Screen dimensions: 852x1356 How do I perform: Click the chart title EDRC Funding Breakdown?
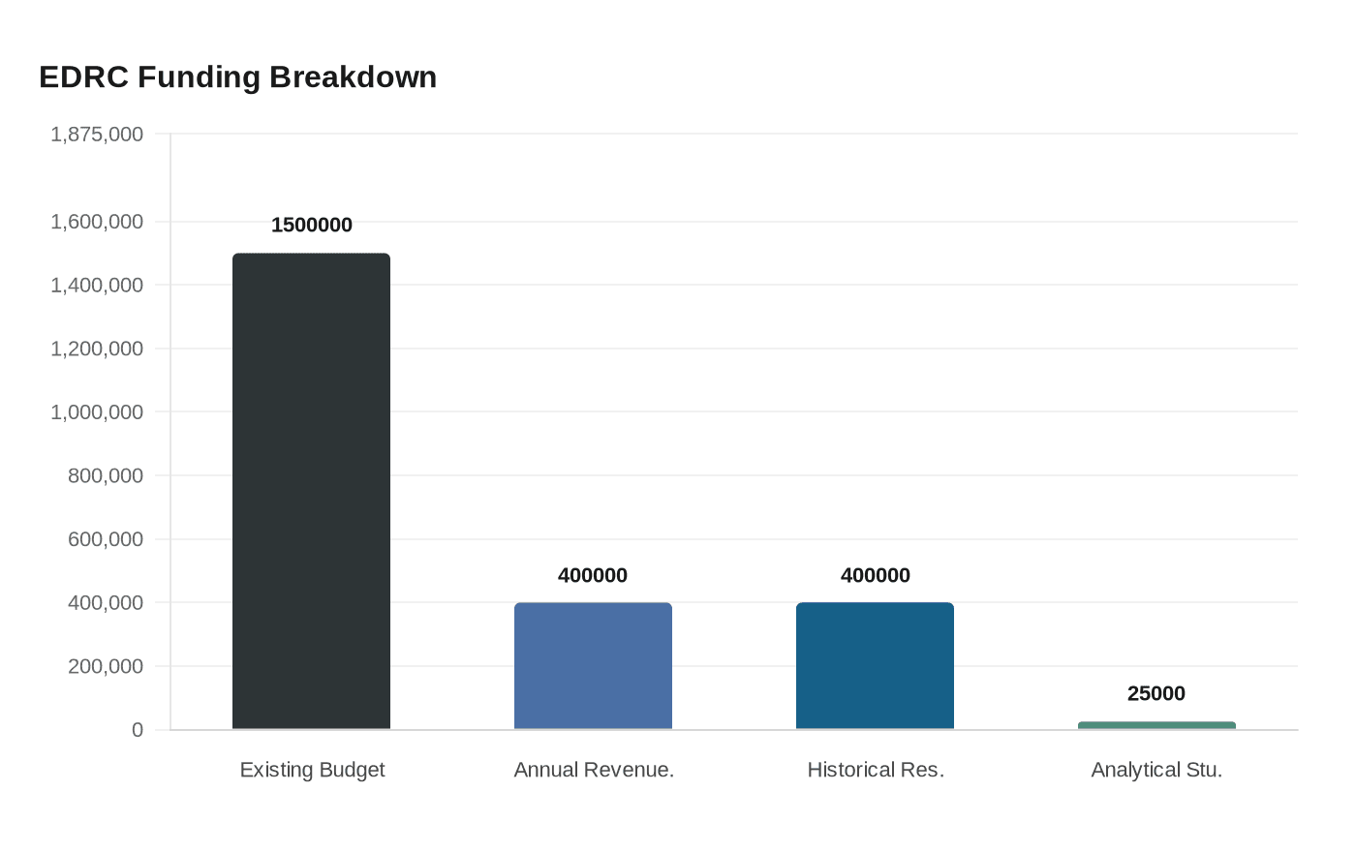click(x=237, y=76)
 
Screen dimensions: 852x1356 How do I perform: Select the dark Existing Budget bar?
click(x=311, y=491)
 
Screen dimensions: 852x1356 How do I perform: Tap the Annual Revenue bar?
click(x=593, y=665)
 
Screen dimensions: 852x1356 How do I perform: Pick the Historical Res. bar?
click(x=875, y=665)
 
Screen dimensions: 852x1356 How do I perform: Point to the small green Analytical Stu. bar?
click(x=1156, y=725)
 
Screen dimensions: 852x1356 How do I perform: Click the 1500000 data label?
click(x=311, y=225)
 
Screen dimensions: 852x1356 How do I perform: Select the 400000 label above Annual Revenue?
click(x=593, y=575)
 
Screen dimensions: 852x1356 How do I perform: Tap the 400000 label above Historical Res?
click(x=875, y=575)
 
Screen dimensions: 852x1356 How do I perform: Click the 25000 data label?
click(x=1156, y=693)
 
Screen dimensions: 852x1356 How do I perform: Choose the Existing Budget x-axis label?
click(x=312, y=770)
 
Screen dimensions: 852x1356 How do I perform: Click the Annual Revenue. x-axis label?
click(x=594, y=770)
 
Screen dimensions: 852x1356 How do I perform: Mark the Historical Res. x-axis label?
click(x=876, y=770)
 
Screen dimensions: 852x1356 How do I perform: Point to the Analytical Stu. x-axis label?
click(x=1156, y=770)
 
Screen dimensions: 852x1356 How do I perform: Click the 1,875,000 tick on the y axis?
click(x=97, y=134)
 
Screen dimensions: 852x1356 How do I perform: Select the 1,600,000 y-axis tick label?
click(x=97, y=222)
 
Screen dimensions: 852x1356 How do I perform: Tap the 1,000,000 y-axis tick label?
click(x=97, y=412)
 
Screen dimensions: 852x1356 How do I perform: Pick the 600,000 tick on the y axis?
click(x=106, y=539)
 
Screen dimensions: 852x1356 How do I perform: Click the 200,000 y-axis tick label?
click(x=106, y=666)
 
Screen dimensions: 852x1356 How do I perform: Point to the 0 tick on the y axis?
click(x=138, y=730)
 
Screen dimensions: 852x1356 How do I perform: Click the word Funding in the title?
click(x=199, y=76)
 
